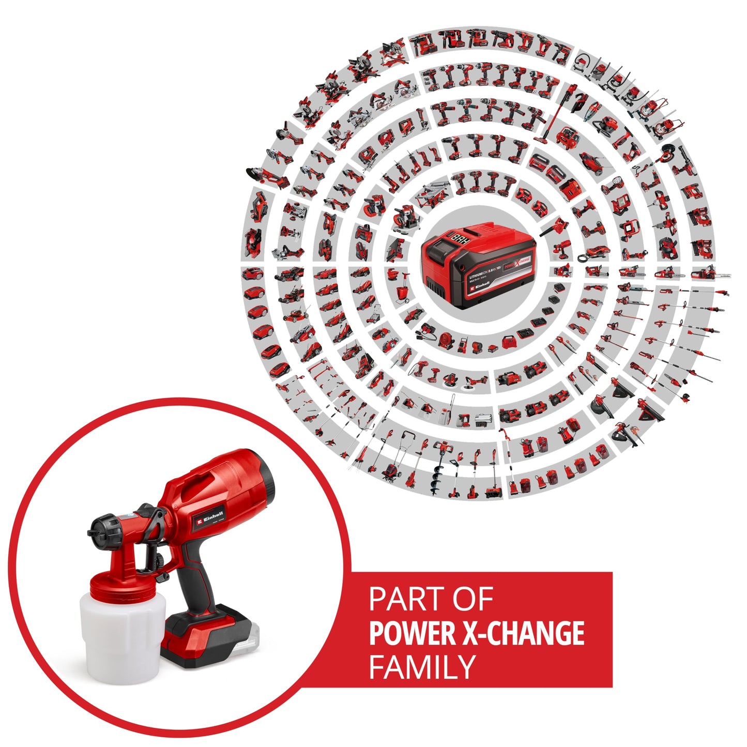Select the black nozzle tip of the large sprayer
click(x=96, y=532)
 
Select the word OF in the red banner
click(x=471, y=600)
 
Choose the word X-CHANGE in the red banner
click(x=523, y=633)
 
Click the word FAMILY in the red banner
click(x=422, y=667)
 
